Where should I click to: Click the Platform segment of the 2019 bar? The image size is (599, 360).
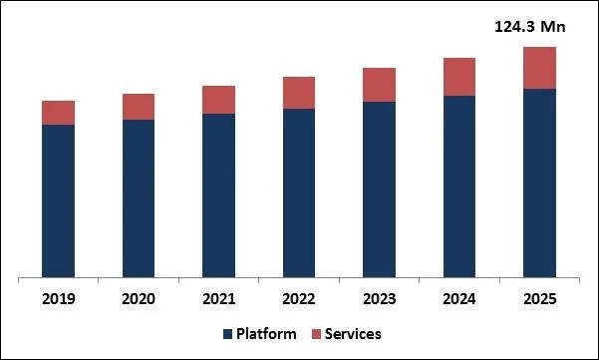[59, 199]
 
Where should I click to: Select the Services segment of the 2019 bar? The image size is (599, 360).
[59, 113]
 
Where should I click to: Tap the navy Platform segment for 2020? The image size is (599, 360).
[139, 197]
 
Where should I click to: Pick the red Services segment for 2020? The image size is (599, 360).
[139, 107]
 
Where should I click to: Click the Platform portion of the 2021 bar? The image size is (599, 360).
[218, 194]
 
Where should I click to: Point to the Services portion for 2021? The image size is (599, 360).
[218, 100]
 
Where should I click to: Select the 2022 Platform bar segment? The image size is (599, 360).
[299, 191]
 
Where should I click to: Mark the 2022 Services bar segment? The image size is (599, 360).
[299, 93]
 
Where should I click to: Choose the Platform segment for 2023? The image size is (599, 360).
[379, 188]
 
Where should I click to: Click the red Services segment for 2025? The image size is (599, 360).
[539, 68]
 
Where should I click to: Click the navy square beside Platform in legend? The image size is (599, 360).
[227, 334]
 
